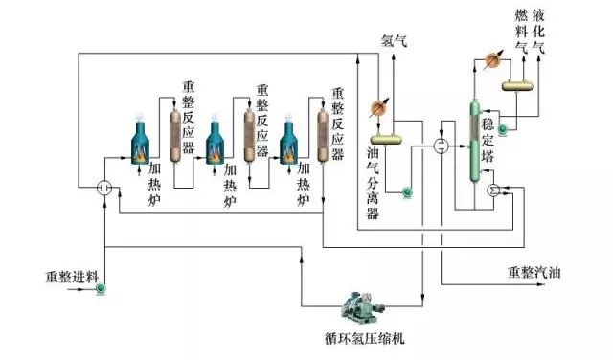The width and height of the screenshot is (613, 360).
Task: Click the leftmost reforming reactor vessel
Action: tap(174, 135)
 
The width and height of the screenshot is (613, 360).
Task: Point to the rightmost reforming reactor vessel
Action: tap(323, 135)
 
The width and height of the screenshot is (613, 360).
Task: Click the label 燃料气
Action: tap(521, 29)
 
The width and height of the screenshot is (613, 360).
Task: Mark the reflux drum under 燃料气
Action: tap(518, 84)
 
